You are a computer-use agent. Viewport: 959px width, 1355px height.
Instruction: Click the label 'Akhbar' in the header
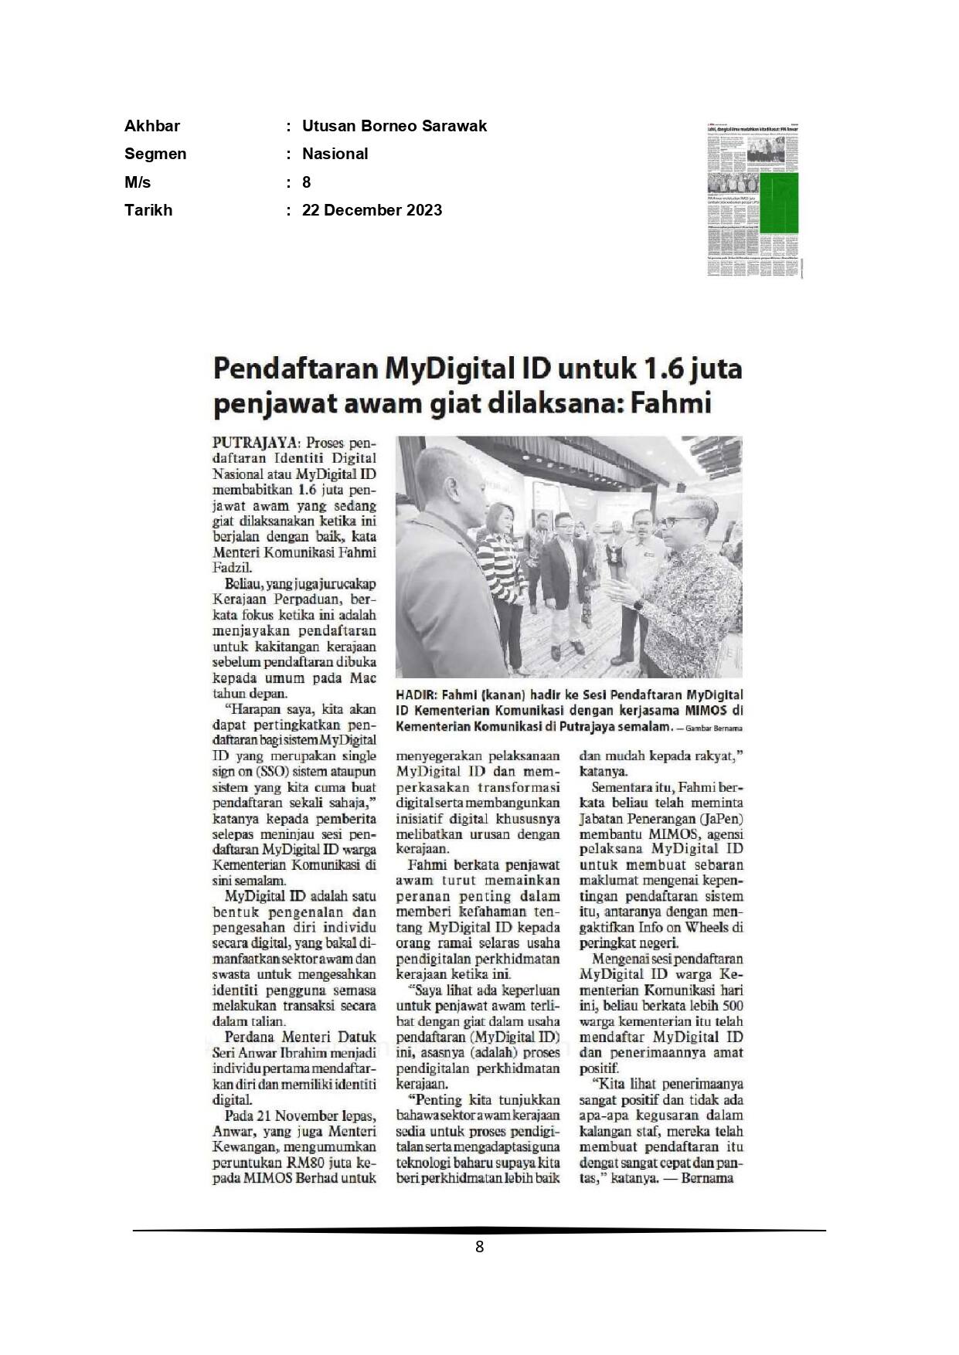pos(152,126)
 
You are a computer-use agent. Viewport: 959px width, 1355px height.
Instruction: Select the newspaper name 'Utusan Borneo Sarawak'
pos(394,126)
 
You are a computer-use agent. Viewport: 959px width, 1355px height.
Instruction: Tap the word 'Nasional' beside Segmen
pos(335,154)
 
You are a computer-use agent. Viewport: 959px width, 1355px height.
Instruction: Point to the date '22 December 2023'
pos(372,210)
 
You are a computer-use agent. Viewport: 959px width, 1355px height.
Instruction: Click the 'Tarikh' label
pos(148,210)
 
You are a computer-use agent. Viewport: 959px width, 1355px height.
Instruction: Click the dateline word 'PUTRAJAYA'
pos(255,443)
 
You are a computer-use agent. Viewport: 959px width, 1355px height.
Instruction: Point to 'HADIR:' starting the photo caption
pos(416,695)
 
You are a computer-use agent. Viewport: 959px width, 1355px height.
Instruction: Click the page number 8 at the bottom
pos(479,1247)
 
